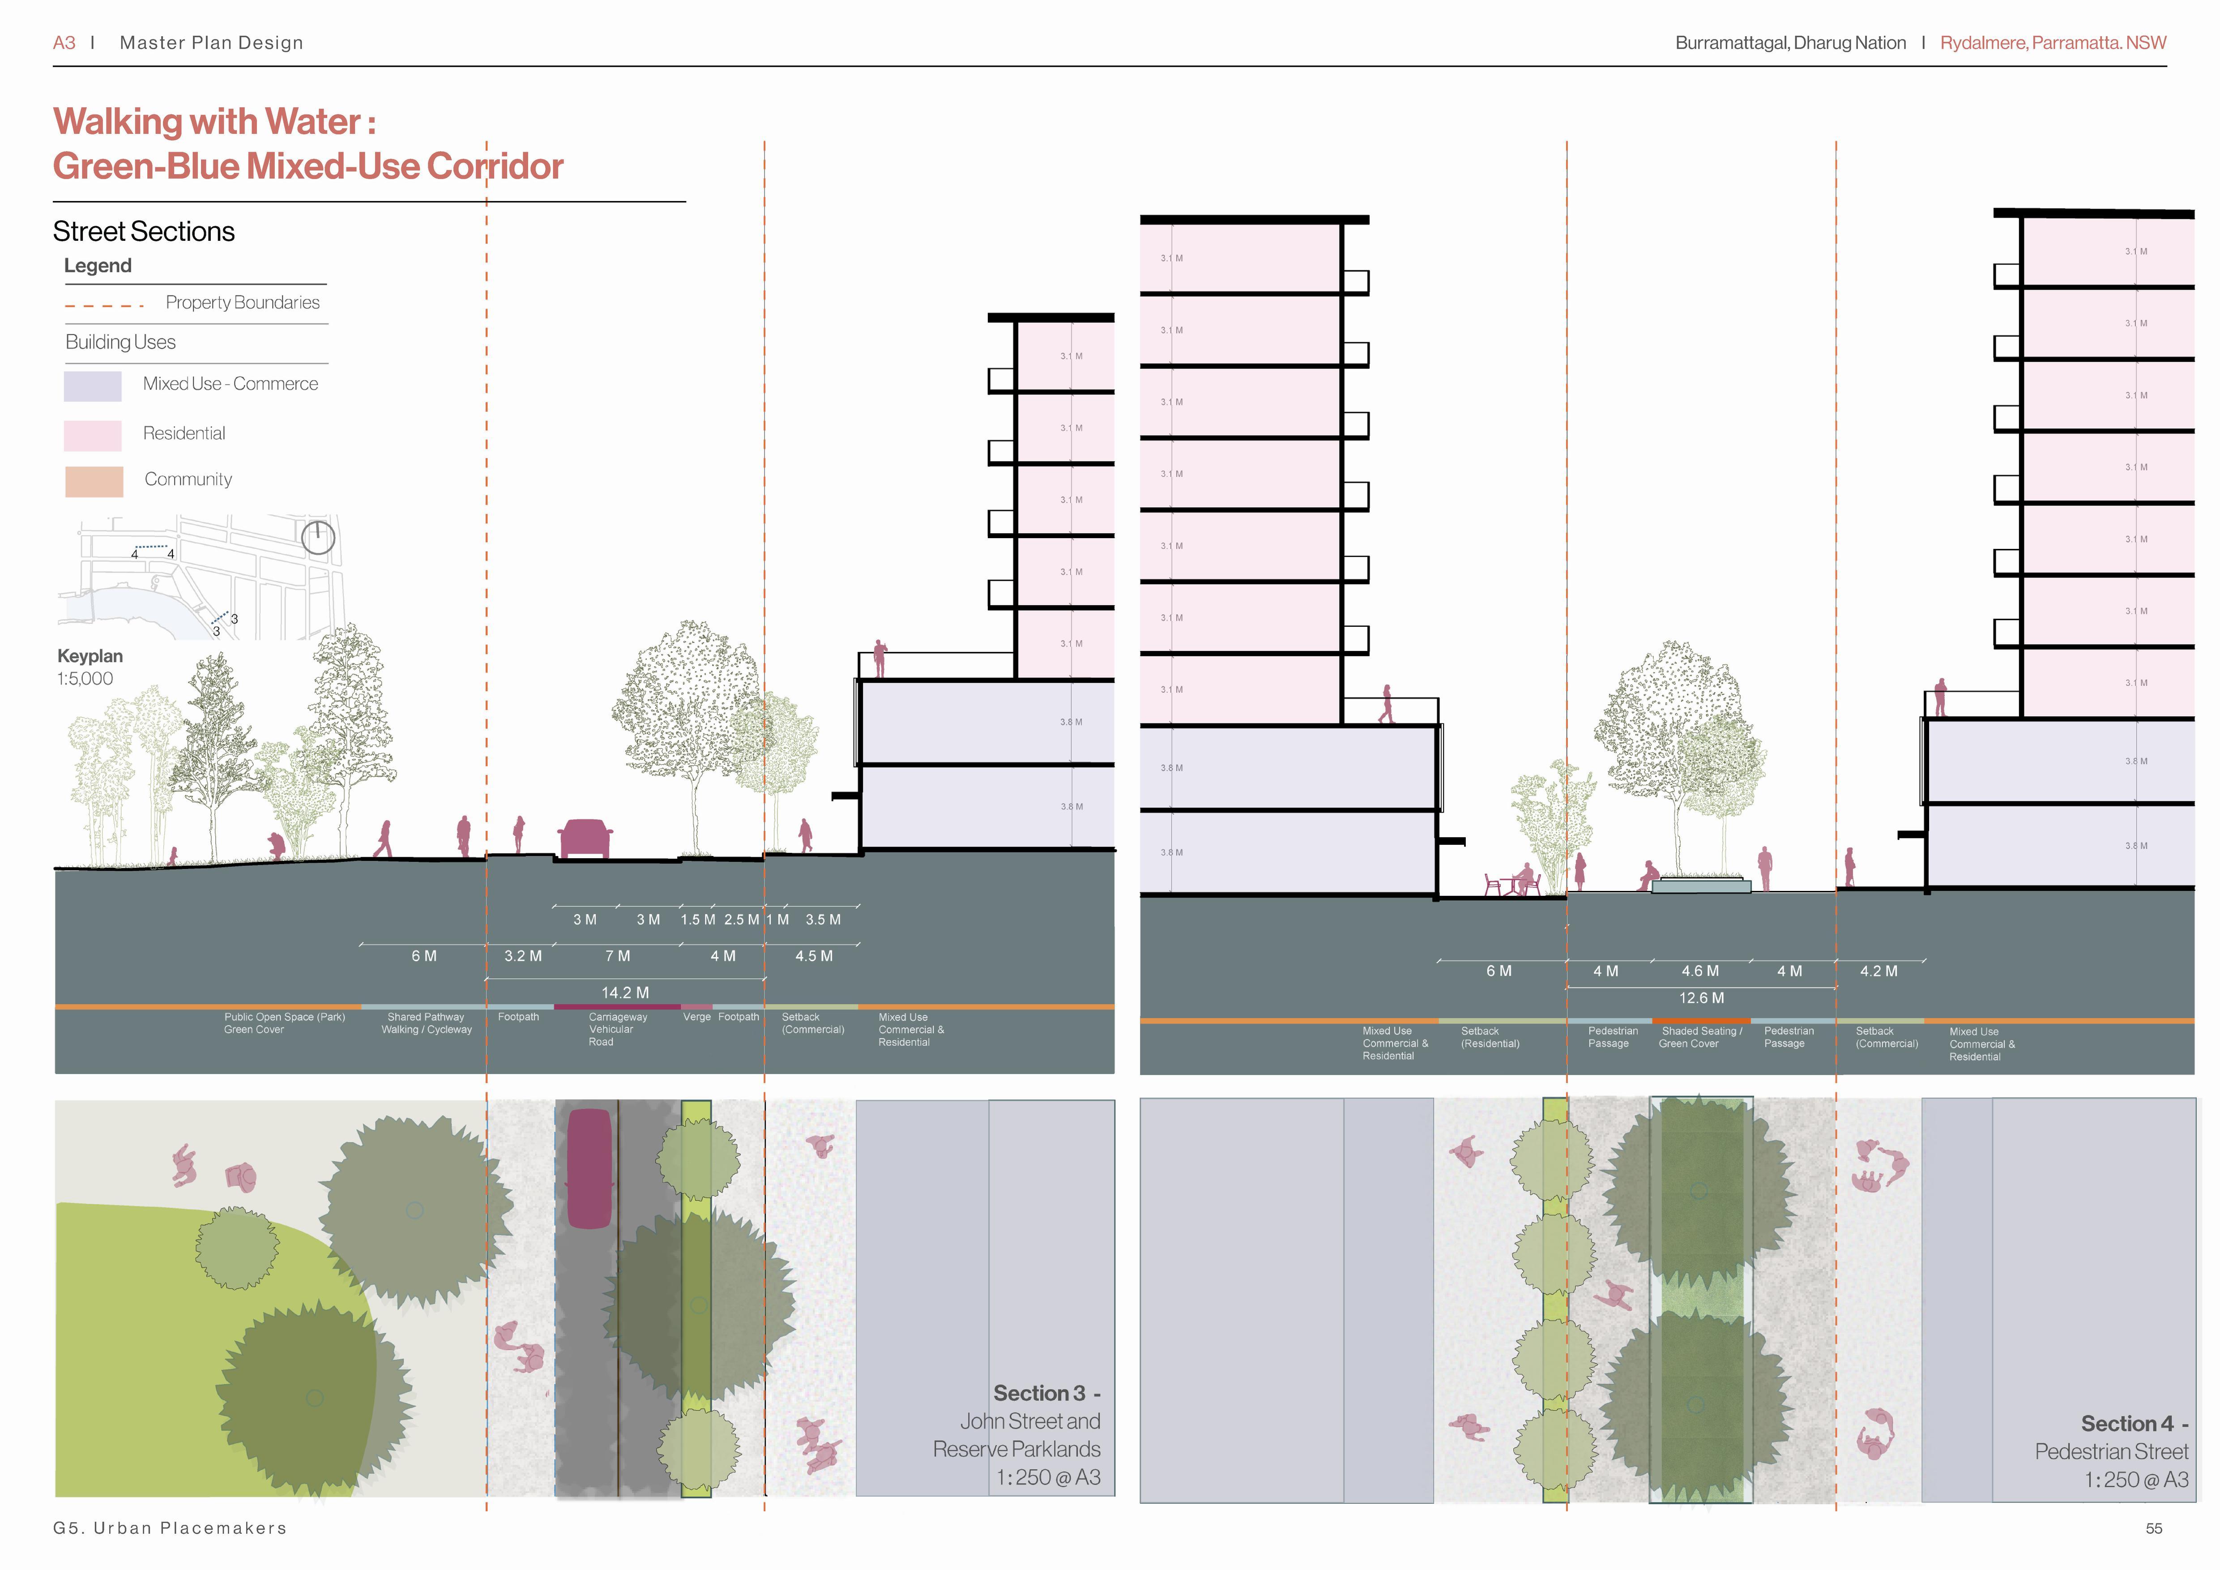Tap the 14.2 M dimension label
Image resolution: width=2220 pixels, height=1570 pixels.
point(625,992)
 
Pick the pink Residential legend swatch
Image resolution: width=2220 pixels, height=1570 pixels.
point(93,435)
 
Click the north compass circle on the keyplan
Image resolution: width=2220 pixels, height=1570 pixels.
point(318,537)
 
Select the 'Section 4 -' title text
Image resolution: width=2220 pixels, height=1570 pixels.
point(2134,1424)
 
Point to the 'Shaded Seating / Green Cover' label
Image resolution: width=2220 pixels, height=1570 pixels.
point(1701,1037)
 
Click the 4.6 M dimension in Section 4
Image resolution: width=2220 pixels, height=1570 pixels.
point(1700,970)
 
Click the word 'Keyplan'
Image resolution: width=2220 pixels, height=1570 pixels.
point(90,656)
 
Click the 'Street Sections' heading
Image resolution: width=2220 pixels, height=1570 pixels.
point(144,232)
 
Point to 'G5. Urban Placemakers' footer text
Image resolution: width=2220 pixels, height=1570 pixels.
point(170,1528)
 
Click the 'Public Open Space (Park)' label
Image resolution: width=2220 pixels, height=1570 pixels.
point(284,1018)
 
